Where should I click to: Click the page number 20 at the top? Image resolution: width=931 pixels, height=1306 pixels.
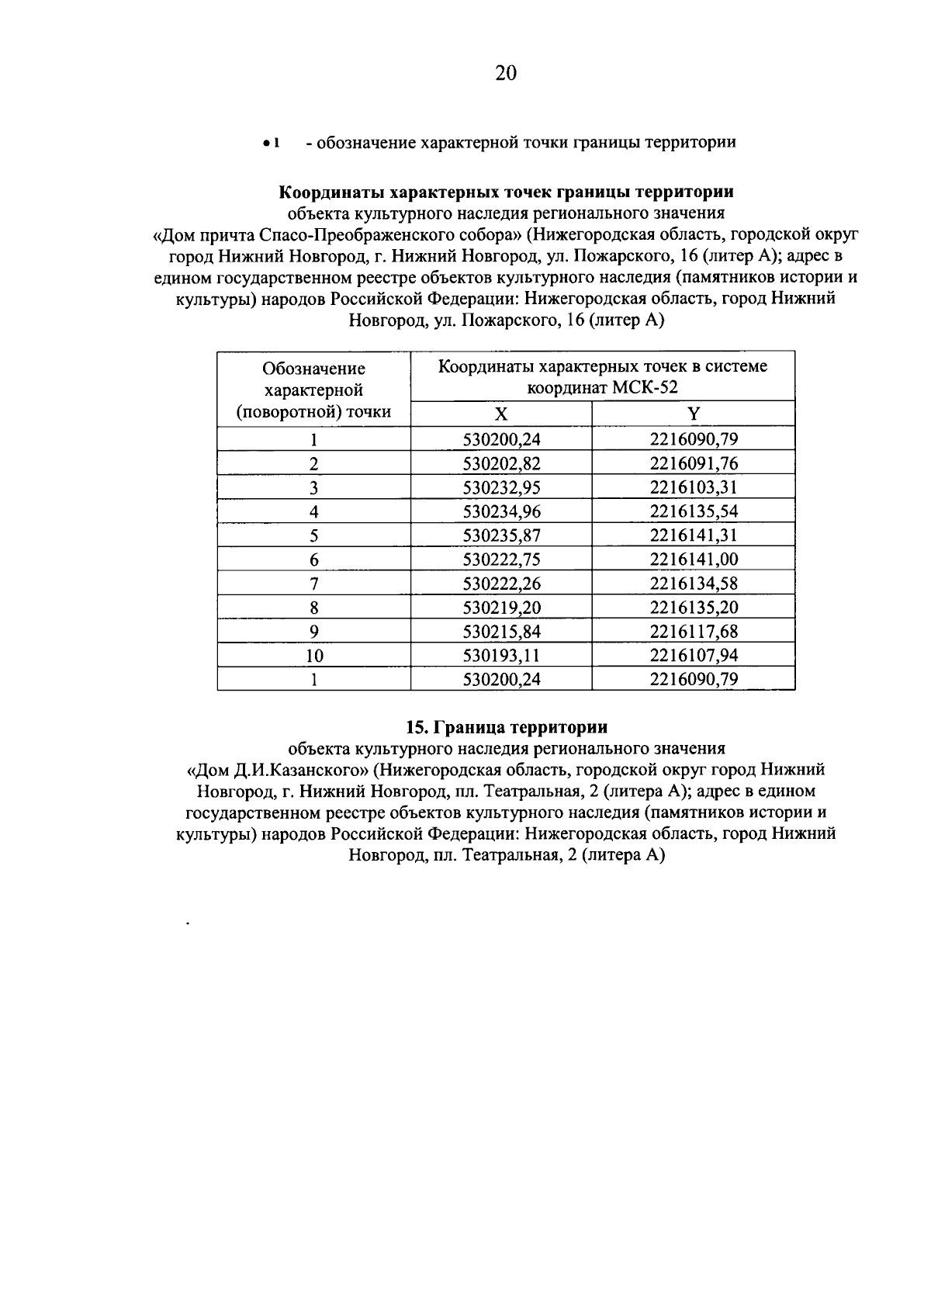(x=505, y=73)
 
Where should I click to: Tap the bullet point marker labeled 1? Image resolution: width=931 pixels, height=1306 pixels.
(x=269, y=144)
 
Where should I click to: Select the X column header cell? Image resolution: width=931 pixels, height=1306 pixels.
(x=501, y=414)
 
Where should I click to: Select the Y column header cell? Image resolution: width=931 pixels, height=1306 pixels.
(x=693, y=414)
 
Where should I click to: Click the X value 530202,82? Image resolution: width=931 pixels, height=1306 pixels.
(x=501, y=464)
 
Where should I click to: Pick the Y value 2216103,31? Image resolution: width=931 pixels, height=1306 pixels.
(x=693, y=487)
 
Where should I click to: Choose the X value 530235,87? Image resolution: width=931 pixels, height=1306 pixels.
(x=501, y=535)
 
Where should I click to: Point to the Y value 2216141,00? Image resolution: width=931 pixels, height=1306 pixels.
(x=693, y=559)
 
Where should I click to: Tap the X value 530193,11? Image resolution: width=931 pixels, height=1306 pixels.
(x=501, y=656)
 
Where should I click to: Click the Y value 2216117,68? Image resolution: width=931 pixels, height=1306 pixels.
(x=693, y=632)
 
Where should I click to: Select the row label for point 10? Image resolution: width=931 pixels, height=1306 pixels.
(x=313, y=656)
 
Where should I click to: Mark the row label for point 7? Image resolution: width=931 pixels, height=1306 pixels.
(x=313, y=584)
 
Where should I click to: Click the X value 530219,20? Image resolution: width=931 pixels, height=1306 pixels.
(x=501, y=608)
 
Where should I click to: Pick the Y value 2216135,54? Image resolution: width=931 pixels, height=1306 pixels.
(x=693, y=511)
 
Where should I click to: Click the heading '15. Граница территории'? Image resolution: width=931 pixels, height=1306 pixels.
(x=507, y=728)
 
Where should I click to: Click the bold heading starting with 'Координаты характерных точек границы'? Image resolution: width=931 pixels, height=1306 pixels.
(x=507, y=192)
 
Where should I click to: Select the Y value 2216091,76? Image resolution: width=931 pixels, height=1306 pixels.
(x=693, y=464)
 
